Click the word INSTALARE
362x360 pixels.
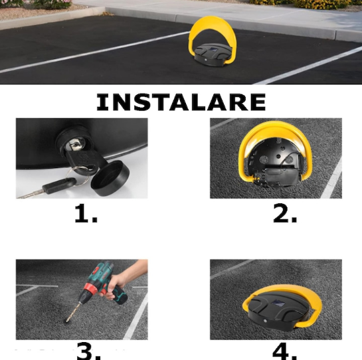[181, 102]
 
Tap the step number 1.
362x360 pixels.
[86, 214]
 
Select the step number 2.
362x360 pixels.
[285, 214]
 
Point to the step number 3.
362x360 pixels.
[88, 351]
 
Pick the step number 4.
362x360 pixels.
[284, 351]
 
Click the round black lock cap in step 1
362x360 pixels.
[110, 178]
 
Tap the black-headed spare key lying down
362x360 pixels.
[47, 188]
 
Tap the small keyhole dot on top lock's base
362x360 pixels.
[205, 60]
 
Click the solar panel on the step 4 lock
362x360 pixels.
[277, 303]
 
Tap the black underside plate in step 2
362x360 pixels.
[275, 161]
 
